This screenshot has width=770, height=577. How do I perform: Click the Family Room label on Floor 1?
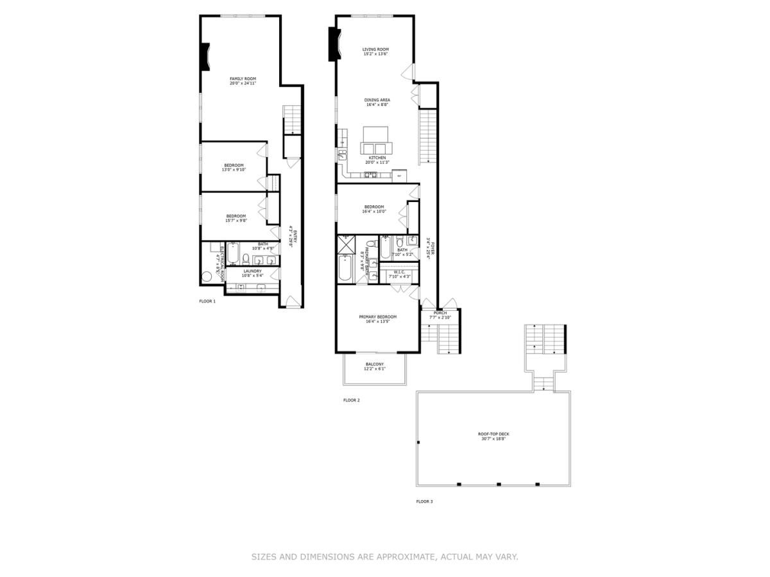coord(243,78)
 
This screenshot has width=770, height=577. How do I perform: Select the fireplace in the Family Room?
coord(204,56)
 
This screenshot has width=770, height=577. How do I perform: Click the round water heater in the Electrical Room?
coord(207,278)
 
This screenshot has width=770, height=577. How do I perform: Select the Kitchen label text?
coord(377,158)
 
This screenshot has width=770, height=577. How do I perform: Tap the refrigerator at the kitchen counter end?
coord(399,175)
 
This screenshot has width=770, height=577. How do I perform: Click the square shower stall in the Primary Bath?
coord(346,244)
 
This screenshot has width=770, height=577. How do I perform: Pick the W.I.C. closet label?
coord(398,272)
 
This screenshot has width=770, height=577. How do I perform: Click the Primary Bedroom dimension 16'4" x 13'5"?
coord(377,322)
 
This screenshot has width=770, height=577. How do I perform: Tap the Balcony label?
coord(375,364)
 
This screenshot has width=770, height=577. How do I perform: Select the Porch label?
coord(440,313)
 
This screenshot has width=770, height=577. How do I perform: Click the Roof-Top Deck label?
coord(493,434)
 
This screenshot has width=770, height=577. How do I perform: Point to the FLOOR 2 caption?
coord(351,400)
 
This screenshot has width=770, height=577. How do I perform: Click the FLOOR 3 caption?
coord(424,501)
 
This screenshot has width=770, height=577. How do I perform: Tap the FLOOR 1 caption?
coord(207,301)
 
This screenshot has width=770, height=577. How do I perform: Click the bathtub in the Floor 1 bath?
coord(232,253)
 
